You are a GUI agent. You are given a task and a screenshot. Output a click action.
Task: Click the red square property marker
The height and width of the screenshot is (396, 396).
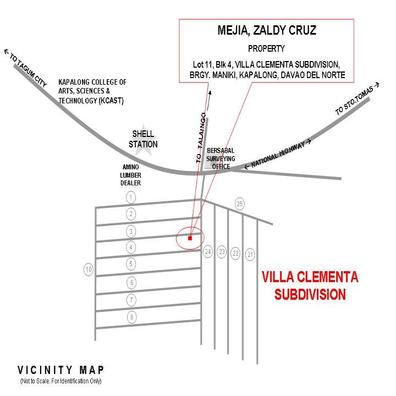coord(190,238)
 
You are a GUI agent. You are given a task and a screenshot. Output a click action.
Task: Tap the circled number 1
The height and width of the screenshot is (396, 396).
coord(131,197)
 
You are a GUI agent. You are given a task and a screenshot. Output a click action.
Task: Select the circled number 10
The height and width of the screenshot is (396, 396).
coord(89,269)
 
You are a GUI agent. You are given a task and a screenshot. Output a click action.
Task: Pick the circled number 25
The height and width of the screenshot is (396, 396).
coord(239,204)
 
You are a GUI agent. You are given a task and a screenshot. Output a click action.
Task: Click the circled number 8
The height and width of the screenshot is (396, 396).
coord(131,317)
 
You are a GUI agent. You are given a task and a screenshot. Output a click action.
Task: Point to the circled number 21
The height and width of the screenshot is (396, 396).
coord(250,254)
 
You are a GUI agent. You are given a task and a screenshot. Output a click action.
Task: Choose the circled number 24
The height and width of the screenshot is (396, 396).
coord(207,251)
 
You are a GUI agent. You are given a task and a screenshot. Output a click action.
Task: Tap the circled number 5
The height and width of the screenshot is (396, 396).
coord(131,264)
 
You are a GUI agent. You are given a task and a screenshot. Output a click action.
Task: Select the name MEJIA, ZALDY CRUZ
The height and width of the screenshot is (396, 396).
coord(267,30)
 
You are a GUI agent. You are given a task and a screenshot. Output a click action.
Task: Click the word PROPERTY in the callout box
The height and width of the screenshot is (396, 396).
coord(266,48)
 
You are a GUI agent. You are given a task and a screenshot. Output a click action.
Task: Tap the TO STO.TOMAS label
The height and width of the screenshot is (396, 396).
coord(357,99)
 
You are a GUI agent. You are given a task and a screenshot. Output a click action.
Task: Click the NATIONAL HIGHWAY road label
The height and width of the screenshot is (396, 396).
coord(278,155)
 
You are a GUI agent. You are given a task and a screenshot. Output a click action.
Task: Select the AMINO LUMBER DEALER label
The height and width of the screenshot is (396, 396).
coord(130,175)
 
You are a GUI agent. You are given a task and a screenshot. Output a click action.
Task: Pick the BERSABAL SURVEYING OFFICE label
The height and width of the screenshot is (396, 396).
coord(221,158)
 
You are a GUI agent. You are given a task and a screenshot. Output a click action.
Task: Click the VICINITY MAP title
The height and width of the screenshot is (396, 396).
coord(61,370)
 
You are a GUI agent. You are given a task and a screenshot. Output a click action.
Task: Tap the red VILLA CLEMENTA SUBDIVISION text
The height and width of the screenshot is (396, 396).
coord(310,285)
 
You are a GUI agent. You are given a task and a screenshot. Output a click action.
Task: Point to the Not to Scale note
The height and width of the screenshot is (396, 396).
coord(61,381)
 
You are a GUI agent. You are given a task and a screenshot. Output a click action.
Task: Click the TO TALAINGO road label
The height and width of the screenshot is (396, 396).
coord(201,138)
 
